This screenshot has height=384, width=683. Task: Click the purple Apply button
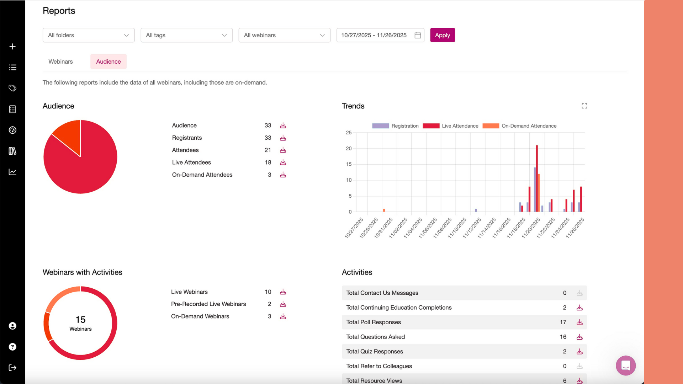[x=442, y=35]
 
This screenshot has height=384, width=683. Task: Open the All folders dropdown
[x=89, y=35]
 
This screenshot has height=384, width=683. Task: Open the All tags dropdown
[x=186, y=35]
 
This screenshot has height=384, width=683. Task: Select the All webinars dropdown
[x=284, y=35]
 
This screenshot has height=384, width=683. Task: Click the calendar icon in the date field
[x=418, y=35]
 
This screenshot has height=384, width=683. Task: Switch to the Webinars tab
[x=60, y=62]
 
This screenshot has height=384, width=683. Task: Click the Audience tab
[x=108, y=62]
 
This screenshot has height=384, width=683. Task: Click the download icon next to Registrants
[x=283, y=138]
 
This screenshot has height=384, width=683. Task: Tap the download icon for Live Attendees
[x=283, y=162]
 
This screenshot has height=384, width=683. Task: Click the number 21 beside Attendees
[x=268, y=150]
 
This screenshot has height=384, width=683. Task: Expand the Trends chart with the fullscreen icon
[x=584, y=106]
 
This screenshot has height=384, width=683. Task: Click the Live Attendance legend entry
[x=451, y=126]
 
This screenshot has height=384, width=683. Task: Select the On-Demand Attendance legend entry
[x=520, y=126]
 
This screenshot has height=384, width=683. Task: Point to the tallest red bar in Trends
[x=537, y=178]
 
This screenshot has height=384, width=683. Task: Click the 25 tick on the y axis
[x=349, y=133]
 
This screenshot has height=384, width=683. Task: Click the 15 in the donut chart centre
[x=80, y=319]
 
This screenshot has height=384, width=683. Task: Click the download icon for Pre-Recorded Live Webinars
[x=283, y=304]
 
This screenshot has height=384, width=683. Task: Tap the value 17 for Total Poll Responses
[x=563, y=322]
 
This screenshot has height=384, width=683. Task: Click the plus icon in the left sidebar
[x=12, y=47]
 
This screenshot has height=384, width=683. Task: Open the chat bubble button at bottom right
[x=625, y=366]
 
